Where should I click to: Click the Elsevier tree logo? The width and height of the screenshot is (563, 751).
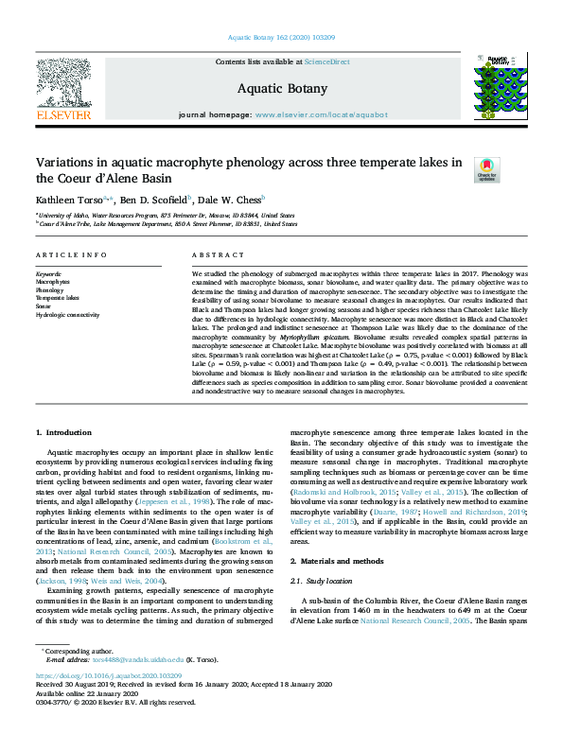click(62, 85)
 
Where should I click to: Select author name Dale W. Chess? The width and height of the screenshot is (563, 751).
click(233, 201)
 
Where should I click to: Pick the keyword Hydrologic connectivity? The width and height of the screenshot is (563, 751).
click(67, 314)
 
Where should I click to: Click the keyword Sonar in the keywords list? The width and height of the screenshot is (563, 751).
click(44, 306)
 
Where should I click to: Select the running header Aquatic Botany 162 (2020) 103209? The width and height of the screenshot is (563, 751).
click(281, 39)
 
